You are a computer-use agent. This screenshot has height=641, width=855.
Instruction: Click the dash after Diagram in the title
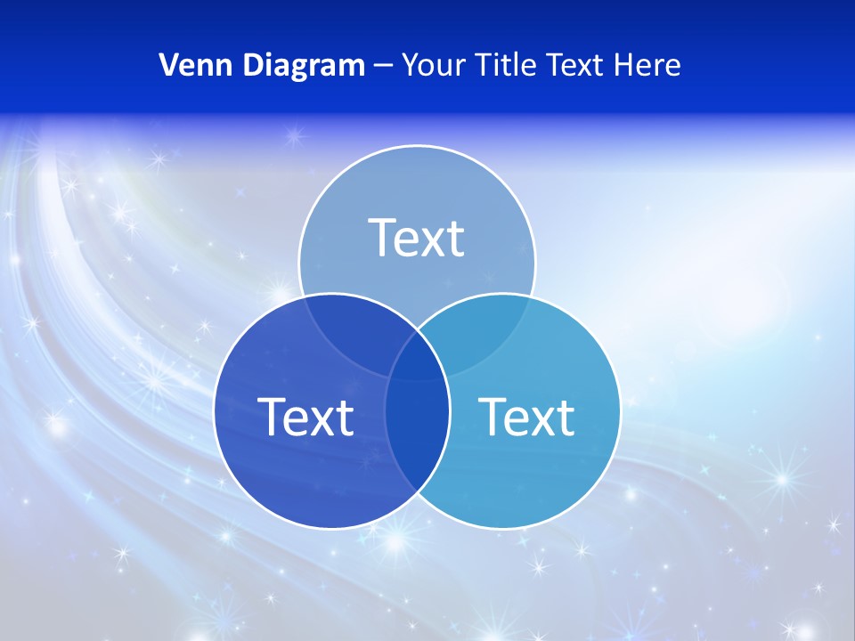pyautogui.click(x=384, y=66)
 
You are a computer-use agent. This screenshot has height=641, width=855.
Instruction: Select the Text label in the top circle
pyautogui.click(x=417, y=238)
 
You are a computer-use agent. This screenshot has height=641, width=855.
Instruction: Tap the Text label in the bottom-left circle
pyautogui.click(x=305, y=417)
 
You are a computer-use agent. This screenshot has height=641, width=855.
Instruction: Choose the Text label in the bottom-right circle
pyautogui.click(x=527, y=417)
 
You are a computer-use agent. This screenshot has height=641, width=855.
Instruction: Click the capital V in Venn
pyautogui.click(x=168, y=65)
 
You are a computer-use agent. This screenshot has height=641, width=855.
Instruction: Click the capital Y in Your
pyautogui.click(x=410, y=65)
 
